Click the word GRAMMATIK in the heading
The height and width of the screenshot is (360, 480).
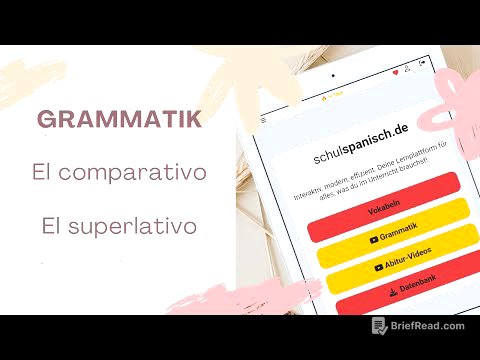[x=119, y=119]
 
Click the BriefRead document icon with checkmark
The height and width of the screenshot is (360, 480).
[x=380, y=325]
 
